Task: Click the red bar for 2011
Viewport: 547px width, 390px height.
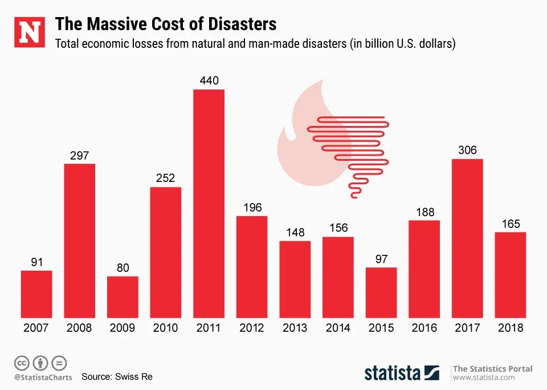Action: tap(209, 204)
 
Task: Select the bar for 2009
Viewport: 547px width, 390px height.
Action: tap(123, 297)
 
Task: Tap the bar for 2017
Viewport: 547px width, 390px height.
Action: tap(467, 238)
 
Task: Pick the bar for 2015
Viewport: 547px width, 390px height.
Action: tap(381, 292)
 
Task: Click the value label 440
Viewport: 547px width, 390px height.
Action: tap(209, 81)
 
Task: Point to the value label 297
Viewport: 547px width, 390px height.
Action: tap(80, 155)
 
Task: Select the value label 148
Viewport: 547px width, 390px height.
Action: tap(295, 233)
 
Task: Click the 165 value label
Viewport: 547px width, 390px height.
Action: tap(511, 224)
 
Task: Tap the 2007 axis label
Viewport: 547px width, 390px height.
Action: tap(36, 328)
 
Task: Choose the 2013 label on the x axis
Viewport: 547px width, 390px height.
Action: tap(295, 328)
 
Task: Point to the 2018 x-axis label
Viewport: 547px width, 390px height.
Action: tap(511, 328)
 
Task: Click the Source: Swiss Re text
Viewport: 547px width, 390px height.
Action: tap(117, 377)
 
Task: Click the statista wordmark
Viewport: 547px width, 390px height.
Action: tap(393, 373)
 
